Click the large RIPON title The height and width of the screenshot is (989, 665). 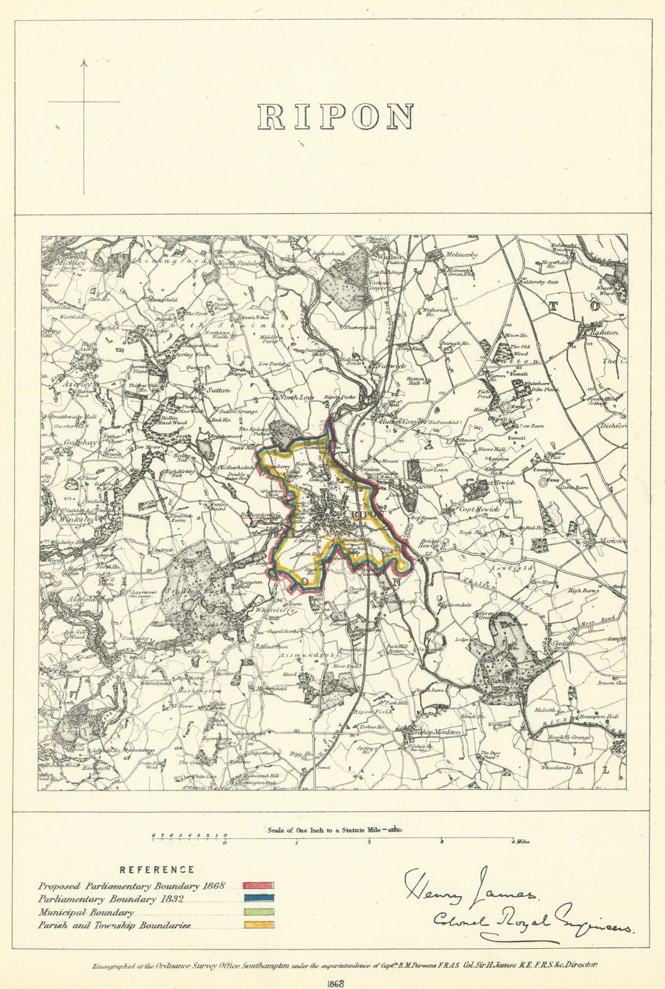click(x=335, y=116)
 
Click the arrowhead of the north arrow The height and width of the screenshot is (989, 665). click(x=84, y=62)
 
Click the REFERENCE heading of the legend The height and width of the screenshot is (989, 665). click(x=156, y=869)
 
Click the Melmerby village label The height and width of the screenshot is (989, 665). click(x=464, y=253)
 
